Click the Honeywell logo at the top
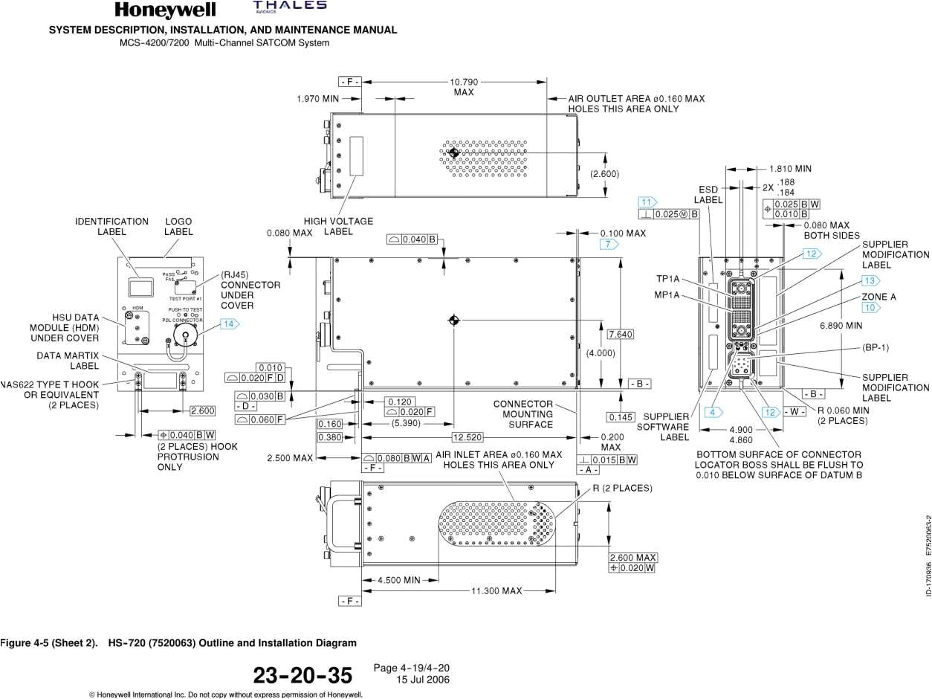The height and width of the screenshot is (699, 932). click(x=165, y=10)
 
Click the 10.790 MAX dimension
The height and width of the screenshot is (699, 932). click(x=464, y=87)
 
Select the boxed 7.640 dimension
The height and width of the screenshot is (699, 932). click(x=621, y=335)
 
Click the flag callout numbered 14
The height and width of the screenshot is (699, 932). click(x=230, y=323)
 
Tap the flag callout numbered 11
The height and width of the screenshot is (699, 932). click(x=647, y=202)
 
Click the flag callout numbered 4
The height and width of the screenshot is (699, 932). click(x=714, y=412)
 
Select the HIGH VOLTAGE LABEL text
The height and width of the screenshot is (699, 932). click(x=338, y=226)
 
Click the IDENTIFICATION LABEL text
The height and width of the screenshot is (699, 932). click(x=111, y=226)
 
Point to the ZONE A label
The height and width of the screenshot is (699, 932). click(x=878, y=297)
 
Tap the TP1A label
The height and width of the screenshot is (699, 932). click(x=667, y=279)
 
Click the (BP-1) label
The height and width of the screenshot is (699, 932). click(x=876, y=347)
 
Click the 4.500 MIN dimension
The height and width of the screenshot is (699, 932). click(x=399, y=580)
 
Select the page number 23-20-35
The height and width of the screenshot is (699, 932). click(x=302, y=675)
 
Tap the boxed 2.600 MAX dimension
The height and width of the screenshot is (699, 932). click(x=633, y=558)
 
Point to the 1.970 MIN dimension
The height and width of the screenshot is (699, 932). click(x=317, y=98)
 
